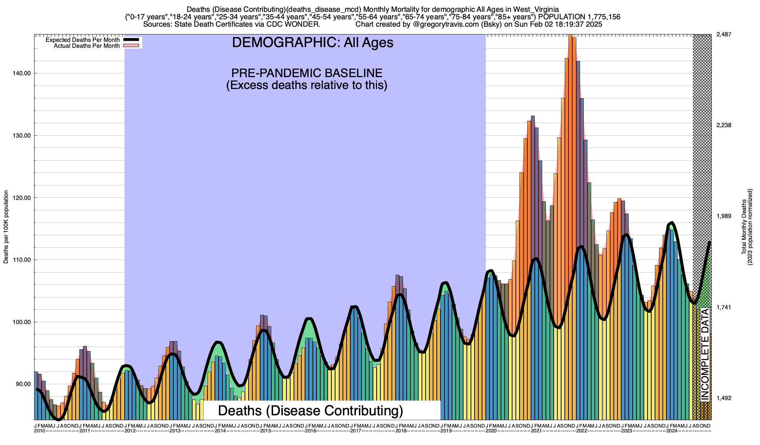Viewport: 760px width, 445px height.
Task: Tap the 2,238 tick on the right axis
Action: pyautogui.click(x=723, y=125)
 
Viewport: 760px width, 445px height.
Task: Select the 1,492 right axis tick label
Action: pyautogui.click(x=723, y=398)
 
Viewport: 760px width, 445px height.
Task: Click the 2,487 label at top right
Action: pyautogui.click(x=723, y=34)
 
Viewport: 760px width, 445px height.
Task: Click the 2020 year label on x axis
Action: pyautogui.click(x=491, y=431)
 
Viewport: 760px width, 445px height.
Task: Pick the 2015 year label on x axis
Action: pyautogui.click(x=265, y=431)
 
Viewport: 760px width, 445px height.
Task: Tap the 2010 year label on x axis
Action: pyautogui.click(x=39, y=431)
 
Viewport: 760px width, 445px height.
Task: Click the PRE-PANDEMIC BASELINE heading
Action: pyautogui.click(x=307, y=73)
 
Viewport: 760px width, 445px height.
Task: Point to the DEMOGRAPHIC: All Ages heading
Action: pyautogui.click(x=312, y=43)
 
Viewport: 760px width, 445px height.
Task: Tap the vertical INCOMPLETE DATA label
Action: pyautogui.click(x=704, y=355)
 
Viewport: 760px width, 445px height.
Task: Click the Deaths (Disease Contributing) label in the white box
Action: pyautogui.click(x=311, y=411)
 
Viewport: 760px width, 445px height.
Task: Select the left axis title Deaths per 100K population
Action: pyautogui.click(x=6, y=227)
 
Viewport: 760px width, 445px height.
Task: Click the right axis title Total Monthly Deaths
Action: pyautogui.click(x=744, y=227)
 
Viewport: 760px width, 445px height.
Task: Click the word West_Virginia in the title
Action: pyautogui.click(x=536, y=9)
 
